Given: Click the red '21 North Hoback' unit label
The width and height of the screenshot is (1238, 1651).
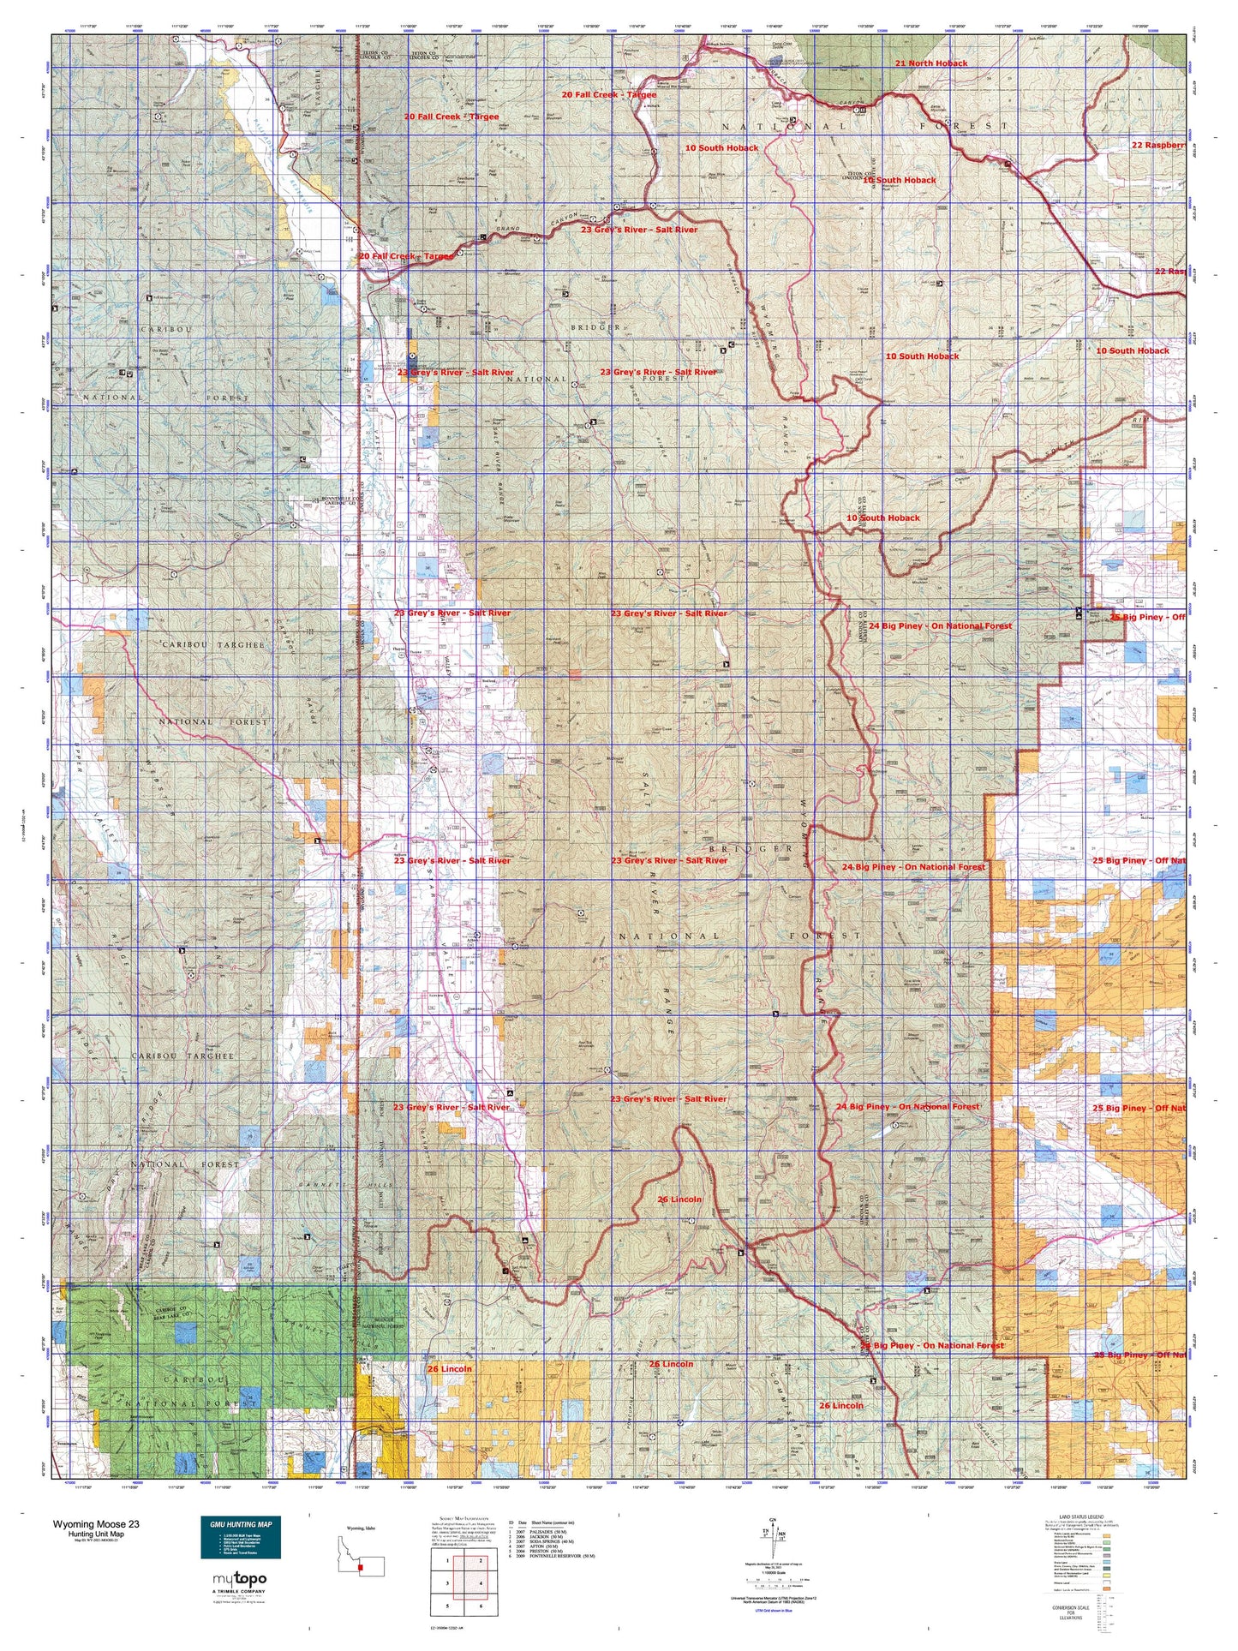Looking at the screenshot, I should [931, 63].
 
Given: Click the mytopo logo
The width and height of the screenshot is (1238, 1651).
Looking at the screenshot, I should [239, 1579].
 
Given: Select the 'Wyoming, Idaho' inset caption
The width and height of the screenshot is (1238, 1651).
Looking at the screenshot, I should [361, 1528].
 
